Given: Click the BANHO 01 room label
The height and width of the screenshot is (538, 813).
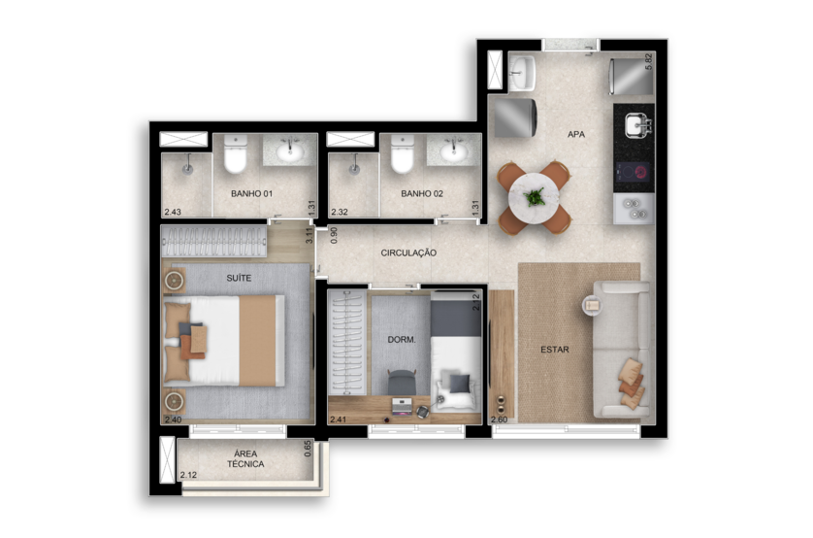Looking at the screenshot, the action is tap(251, 193).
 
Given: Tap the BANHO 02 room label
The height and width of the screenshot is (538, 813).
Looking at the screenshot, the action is tap(422, 193).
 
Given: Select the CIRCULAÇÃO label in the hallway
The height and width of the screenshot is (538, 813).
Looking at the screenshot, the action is tap(408, 252).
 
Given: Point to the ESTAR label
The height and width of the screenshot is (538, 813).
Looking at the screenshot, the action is tap(555, 350).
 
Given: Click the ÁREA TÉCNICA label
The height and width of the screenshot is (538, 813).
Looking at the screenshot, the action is tap(245, 458).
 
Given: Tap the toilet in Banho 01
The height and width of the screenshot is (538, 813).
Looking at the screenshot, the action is tap(235, 154).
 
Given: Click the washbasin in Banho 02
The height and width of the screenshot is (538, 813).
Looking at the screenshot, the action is tap(454, 151).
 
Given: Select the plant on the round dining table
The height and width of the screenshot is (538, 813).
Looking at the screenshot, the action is tap(534, 197).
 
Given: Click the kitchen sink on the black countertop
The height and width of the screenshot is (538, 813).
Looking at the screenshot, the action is tap(637, 125).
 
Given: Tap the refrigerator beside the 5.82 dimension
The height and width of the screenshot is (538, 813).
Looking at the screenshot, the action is tap(631, 77).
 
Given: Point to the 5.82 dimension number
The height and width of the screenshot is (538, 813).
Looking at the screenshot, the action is tap(648, 61).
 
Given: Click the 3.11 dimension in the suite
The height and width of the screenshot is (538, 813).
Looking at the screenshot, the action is tap(309, 236).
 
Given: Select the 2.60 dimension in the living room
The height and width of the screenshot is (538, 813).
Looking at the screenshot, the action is tap(500, 420).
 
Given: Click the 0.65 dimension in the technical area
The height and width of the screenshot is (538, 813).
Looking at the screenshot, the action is tap(308, 449).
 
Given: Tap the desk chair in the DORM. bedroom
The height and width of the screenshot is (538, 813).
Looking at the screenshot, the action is tap(402, 383).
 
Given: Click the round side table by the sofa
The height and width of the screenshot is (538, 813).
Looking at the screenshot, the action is tap(592, 305).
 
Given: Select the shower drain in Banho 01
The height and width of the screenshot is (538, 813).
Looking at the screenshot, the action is tap(186, 168).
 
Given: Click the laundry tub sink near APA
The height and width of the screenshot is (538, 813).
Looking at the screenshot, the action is tap(522, 73).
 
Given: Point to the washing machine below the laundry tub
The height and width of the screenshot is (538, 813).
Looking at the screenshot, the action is tap(515, 118).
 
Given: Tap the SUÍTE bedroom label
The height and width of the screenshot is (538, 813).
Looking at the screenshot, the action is tap(239, 278).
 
